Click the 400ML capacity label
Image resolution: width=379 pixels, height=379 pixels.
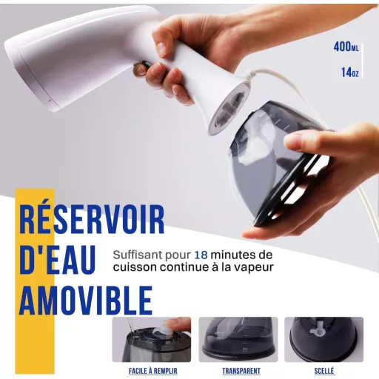pos(346,47)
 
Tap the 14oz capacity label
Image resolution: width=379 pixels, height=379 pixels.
pos(350,73)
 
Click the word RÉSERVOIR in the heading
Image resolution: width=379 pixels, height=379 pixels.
pos(92,219)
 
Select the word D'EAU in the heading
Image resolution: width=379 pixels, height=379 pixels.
pos(57,260)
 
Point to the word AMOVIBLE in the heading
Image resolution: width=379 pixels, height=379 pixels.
pos(86,301)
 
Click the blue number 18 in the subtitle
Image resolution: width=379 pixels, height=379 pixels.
pos(201,255)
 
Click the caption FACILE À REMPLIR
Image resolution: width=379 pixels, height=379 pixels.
pos(153,371)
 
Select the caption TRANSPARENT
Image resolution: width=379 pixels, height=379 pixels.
pos(241,371)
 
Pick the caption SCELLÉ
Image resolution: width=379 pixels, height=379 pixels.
pos(324,371)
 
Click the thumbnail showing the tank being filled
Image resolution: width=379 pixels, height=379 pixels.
pos(152,340)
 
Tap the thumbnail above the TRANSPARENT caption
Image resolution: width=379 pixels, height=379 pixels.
pos(238,340)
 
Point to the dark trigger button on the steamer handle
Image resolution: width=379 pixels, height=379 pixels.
pos(143,67)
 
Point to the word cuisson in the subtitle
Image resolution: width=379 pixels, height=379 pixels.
pos(135,267)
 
